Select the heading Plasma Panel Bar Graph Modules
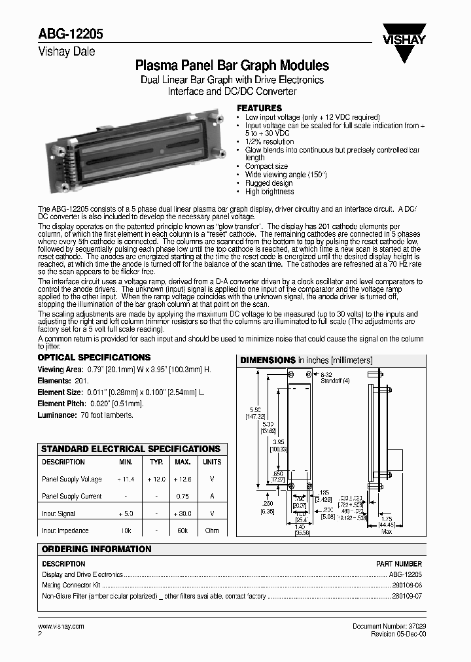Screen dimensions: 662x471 [x=232, y=66]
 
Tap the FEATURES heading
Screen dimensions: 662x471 [x=259, y=108]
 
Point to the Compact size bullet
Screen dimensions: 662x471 [x=266, y=167]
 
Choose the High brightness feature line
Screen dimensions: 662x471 [x=270, y=192]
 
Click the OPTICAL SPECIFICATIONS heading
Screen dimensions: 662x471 [x=94, y=358]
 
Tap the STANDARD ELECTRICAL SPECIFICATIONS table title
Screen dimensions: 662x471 [x=131, y=449]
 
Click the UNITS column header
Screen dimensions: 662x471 [x=212, y=462]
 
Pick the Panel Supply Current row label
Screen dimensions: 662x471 [x=72, y=496]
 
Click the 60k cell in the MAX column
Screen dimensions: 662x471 [x=183, y=531]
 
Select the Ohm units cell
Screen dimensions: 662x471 [x=212, y=531]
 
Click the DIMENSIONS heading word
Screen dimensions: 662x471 [x=268, y=360]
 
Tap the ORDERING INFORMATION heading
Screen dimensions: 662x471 [x=96, y=549]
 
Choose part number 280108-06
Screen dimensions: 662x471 [x=406, y=585]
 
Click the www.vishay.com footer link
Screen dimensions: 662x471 [x=61, y=626]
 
